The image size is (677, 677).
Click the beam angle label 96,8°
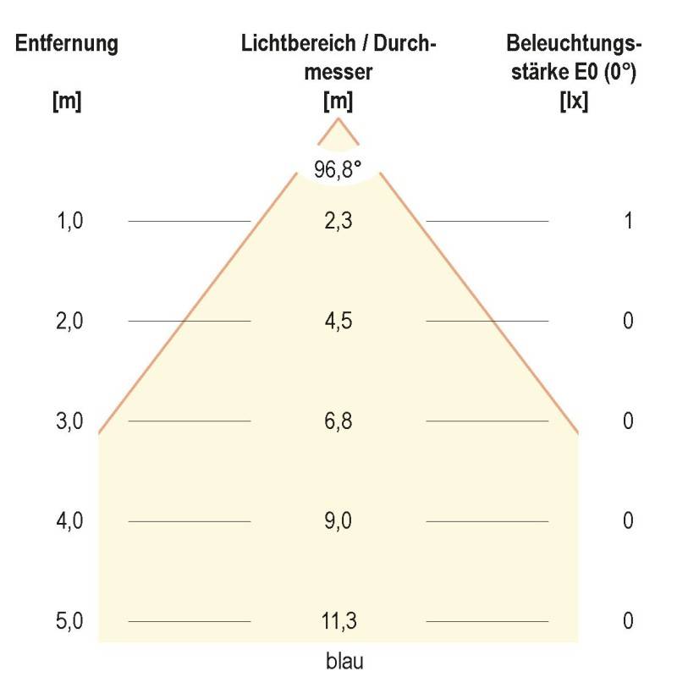pos(338,169)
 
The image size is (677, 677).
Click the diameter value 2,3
pos(338,221)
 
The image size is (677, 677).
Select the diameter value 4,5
pos(338,321)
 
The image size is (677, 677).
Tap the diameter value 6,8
pos(338,421)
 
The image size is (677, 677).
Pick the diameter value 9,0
pos(338,520)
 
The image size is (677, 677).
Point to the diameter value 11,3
pos(338,621)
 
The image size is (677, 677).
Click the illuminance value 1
pos(628,221)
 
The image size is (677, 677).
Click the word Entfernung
pos(67,45)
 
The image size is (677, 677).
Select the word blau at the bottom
pos(344,660)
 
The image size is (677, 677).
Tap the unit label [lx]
pos(574,102)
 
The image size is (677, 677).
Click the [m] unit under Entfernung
pos(67,102)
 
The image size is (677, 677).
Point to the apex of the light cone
pos(338,119)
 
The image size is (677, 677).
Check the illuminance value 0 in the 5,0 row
pos(628,621)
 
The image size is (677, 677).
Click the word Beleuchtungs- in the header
pos(574,45)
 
